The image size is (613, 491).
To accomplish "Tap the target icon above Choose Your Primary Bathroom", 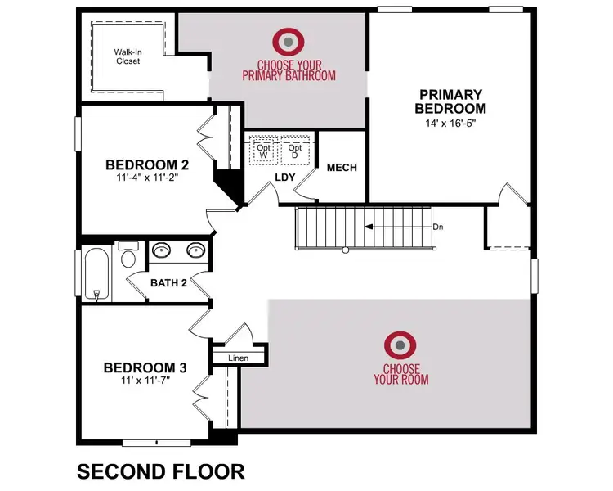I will pos(288,41).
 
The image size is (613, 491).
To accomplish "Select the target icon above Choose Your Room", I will pos(400,346).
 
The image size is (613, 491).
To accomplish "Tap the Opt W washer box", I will pos(263,147).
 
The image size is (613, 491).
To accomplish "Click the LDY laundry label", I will pos(284,178).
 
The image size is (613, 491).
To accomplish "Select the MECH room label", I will pos(342,168).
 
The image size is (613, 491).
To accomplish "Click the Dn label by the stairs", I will pos(439,227).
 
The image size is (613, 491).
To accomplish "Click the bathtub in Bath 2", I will pos(96,274).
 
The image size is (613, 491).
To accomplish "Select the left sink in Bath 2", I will pos(161,251).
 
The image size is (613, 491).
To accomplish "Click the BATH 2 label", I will pos(169,283).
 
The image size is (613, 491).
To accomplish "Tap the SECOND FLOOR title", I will pos(160,472).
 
